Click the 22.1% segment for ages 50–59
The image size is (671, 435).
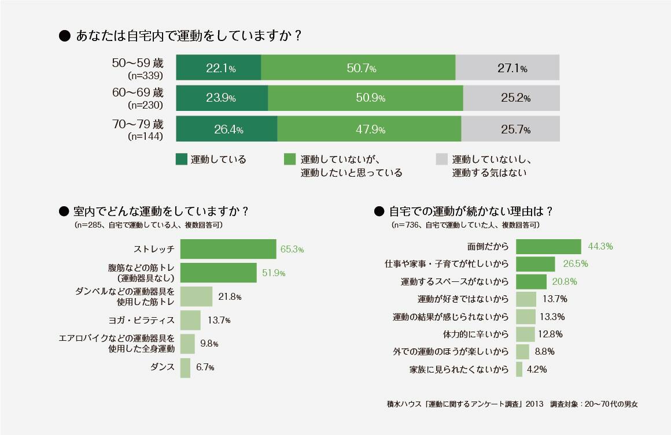tap(219, 68)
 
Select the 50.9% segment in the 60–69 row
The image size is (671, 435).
tap(365, 98)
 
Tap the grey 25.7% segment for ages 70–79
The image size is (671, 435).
tap(510, 129)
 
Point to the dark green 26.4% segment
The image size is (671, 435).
tap(226, 129)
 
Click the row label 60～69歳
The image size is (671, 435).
tap(138, 92)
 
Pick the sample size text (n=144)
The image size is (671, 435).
tap(145, 137)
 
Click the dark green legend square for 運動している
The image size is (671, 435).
tap(181, 159)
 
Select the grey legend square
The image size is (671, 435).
tap(441, 159)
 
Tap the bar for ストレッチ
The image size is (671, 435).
tap(228, 249)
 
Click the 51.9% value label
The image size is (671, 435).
tap(274, 273)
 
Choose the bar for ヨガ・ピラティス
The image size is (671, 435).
tap(190, 320)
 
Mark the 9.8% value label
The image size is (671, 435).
tap(209, 344)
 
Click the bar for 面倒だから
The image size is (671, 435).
tap(548, 247)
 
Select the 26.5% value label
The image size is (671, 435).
tap(575, 264)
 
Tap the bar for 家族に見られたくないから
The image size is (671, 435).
tap(519, 369)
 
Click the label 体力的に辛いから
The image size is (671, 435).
tap(475, 334)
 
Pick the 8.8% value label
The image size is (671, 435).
tap(545, 352)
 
